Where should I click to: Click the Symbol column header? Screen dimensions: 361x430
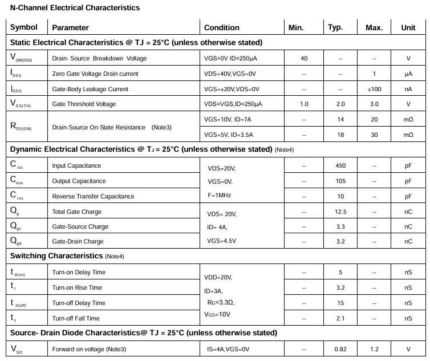pos(24,27)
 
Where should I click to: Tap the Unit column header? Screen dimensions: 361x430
pos(408,27)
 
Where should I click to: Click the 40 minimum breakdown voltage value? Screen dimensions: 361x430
pos(304,58)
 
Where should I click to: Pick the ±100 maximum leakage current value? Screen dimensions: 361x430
pos(374,89)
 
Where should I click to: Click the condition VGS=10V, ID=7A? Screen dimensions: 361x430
pos(228,119)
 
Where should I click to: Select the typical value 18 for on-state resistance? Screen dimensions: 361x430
pos(340,135)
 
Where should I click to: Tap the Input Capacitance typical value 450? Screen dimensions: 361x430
pos(340,165)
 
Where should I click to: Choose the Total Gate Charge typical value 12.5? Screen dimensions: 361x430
pos(340,212)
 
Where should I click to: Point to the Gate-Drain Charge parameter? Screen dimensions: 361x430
pos(78,241)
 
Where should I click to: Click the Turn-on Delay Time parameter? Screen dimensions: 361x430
pos(79,272)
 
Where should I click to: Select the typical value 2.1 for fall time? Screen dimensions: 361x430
pos(340,318)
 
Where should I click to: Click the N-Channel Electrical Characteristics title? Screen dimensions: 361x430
pos(75,8)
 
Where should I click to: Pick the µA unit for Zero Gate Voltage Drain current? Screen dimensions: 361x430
pos(408,74)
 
